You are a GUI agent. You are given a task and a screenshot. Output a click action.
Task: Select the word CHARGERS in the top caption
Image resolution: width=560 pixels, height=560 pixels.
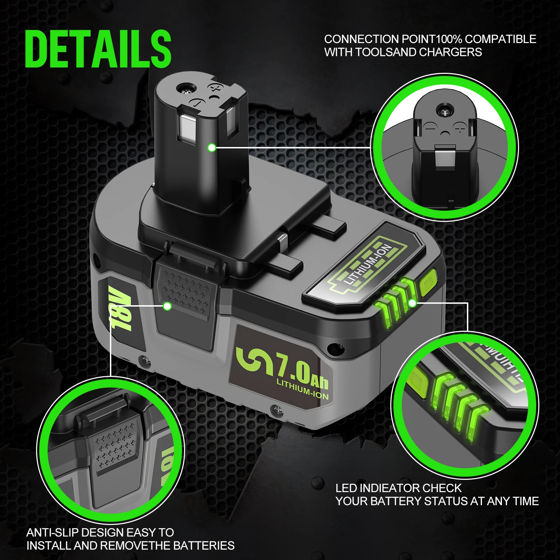click(450, 52)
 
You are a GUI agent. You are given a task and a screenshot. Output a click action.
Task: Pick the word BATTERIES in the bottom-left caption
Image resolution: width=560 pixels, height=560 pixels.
click(204, 546)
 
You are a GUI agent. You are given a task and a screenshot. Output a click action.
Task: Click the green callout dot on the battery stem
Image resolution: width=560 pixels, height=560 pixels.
click(211, 148)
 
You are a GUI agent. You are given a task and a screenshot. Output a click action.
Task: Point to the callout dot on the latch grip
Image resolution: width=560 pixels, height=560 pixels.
click(168, 306)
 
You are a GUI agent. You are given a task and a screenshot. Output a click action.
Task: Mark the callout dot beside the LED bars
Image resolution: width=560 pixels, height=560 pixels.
click(413, 303)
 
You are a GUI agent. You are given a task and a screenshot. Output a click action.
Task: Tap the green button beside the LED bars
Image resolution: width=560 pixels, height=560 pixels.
click(428, 282)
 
